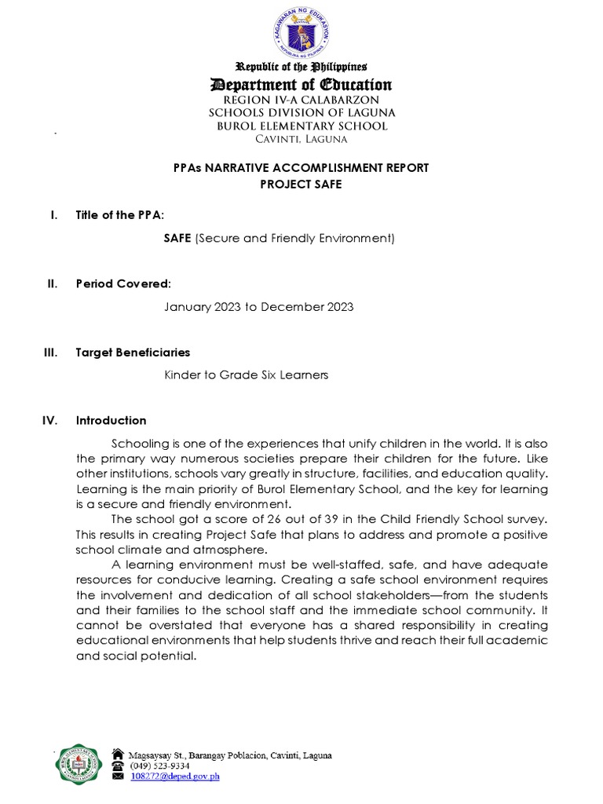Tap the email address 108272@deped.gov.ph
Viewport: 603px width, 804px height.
174,777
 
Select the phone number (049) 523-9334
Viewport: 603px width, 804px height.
159,766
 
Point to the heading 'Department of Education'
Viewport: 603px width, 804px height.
301,85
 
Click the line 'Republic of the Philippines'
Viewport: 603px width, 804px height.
301,68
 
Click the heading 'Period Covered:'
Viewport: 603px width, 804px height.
123,283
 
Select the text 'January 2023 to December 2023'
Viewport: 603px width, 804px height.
258,306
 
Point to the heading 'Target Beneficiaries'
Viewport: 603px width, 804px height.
133,353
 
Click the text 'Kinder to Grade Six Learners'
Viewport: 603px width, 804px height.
246,375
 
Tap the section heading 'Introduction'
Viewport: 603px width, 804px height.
111,421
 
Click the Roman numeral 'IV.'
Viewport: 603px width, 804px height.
49,421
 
